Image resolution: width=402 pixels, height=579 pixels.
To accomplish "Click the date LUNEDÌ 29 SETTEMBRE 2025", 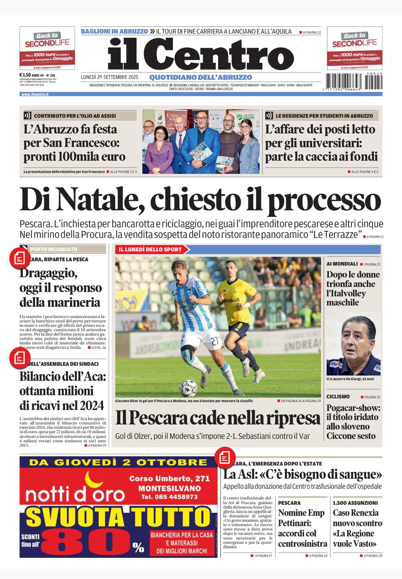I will (110, 77).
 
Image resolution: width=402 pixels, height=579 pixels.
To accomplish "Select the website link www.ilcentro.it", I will (35, 94).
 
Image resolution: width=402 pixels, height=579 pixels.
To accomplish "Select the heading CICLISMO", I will (338, 397).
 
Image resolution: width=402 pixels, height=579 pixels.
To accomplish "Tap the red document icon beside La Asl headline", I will (224, 458).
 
